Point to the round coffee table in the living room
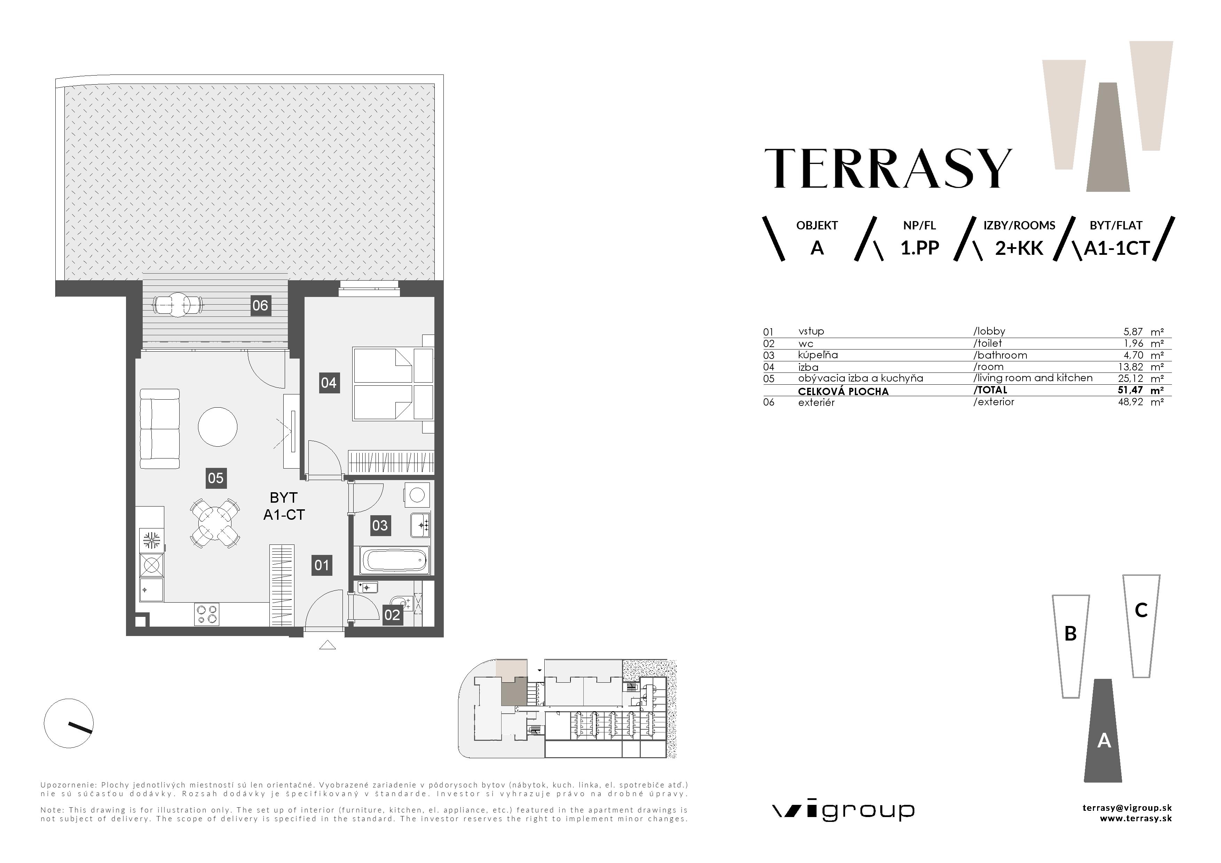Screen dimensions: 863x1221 218,426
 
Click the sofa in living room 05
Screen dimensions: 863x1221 159,429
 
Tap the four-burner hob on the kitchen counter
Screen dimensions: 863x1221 207,614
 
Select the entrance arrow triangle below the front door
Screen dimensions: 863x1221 327,645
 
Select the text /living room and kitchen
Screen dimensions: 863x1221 1033,378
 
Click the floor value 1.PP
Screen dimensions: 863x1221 920,248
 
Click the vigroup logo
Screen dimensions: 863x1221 843,811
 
